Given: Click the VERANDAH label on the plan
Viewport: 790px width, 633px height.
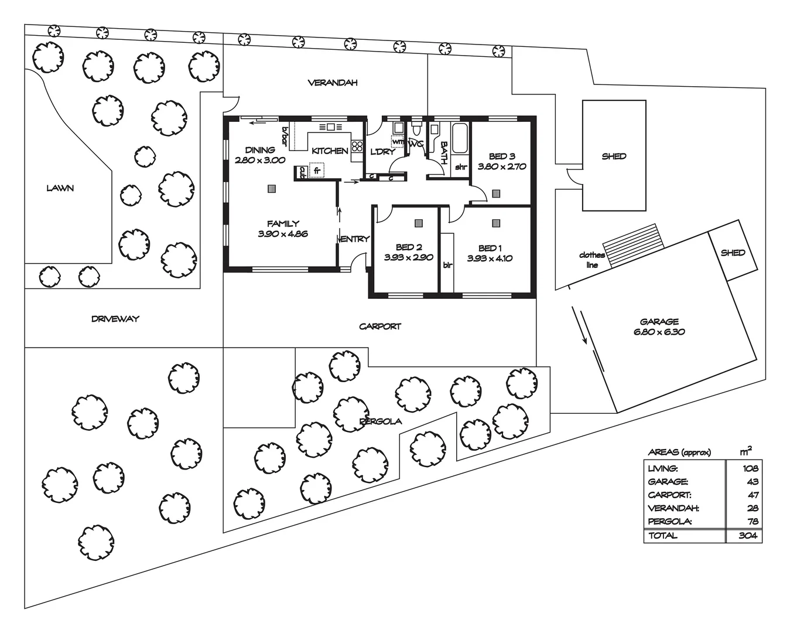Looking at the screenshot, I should (332, 83).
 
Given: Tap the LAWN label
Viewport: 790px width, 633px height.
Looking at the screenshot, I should (60, 188).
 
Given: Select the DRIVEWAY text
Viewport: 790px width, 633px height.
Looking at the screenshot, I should (115, 319).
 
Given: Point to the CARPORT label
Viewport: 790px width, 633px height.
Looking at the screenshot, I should (380, 326).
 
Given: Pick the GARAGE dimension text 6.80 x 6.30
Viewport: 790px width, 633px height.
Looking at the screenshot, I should (659, 332).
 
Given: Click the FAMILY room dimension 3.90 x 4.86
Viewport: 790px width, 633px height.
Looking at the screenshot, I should (282, 234).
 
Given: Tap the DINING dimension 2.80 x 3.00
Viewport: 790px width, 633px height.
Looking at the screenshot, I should (259, 160).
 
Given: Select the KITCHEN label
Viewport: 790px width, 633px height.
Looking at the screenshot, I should (330, 151).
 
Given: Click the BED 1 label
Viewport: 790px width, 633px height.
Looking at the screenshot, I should (490, 247).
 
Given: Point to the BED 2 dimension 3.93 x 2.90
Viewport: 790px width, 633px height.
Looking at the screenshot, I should (408, 257).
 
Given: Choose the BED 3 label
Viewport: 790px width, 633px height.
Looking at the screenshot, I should (502, 156).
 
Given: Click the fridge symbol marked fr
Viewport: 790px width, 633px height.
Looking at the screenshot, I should (317, 171).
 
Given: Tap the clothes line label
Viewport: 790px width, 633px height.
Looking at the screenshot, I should (591, 260).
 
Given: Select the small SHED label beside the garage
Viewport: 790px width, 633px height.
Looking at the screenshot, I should (733, 253).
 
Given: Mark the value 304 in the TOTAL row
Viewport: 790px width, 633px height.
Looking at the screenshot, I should (748, 536).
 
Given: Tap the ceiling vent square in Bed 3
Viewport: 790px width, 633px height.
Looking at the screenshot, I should (496, 193).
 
